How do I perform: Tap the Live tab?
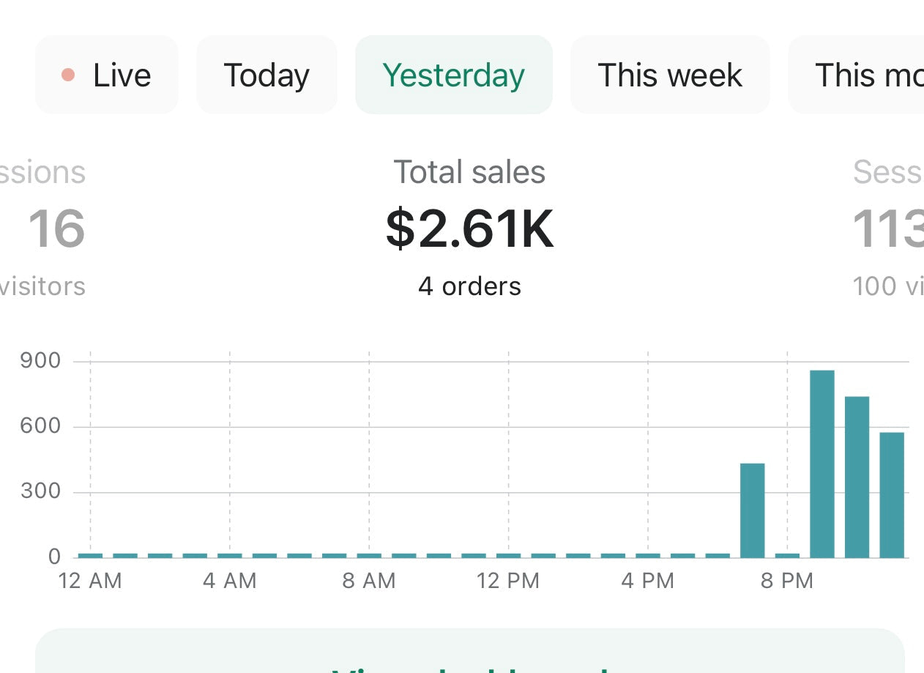coord(107,75)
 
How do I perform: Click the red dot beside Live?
coord(68,75)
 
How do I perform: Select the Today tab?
coord(267,75)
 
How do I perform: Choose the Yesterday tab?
coord(453,75)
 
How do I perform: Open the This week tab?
coord(670,75)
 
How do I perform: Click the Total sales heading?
coord(469,173)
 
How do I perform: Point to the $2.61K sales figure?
coord(469,228)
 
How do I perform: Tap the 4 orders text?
coord(469,286)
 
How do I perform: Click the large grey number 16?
coord(56,228)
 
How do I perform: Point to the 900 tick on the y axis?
coord(40,361)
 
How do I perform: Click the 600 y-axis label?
coord(40,426)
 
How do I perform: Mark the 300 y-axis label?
coord(40,491)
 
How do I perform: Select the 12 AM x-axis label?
coord(90,581)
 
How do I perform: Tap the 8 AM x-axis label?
coord(368,581)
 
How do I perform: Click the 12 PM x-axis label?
coord(508,581)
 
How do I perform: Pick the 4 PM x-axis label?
coord(647,581)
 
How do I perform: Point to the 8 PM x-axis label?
coord(787,581)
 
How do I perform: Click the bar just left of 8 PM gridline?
coord(753,510)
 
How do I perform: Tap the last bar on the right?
coord(892,495)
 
